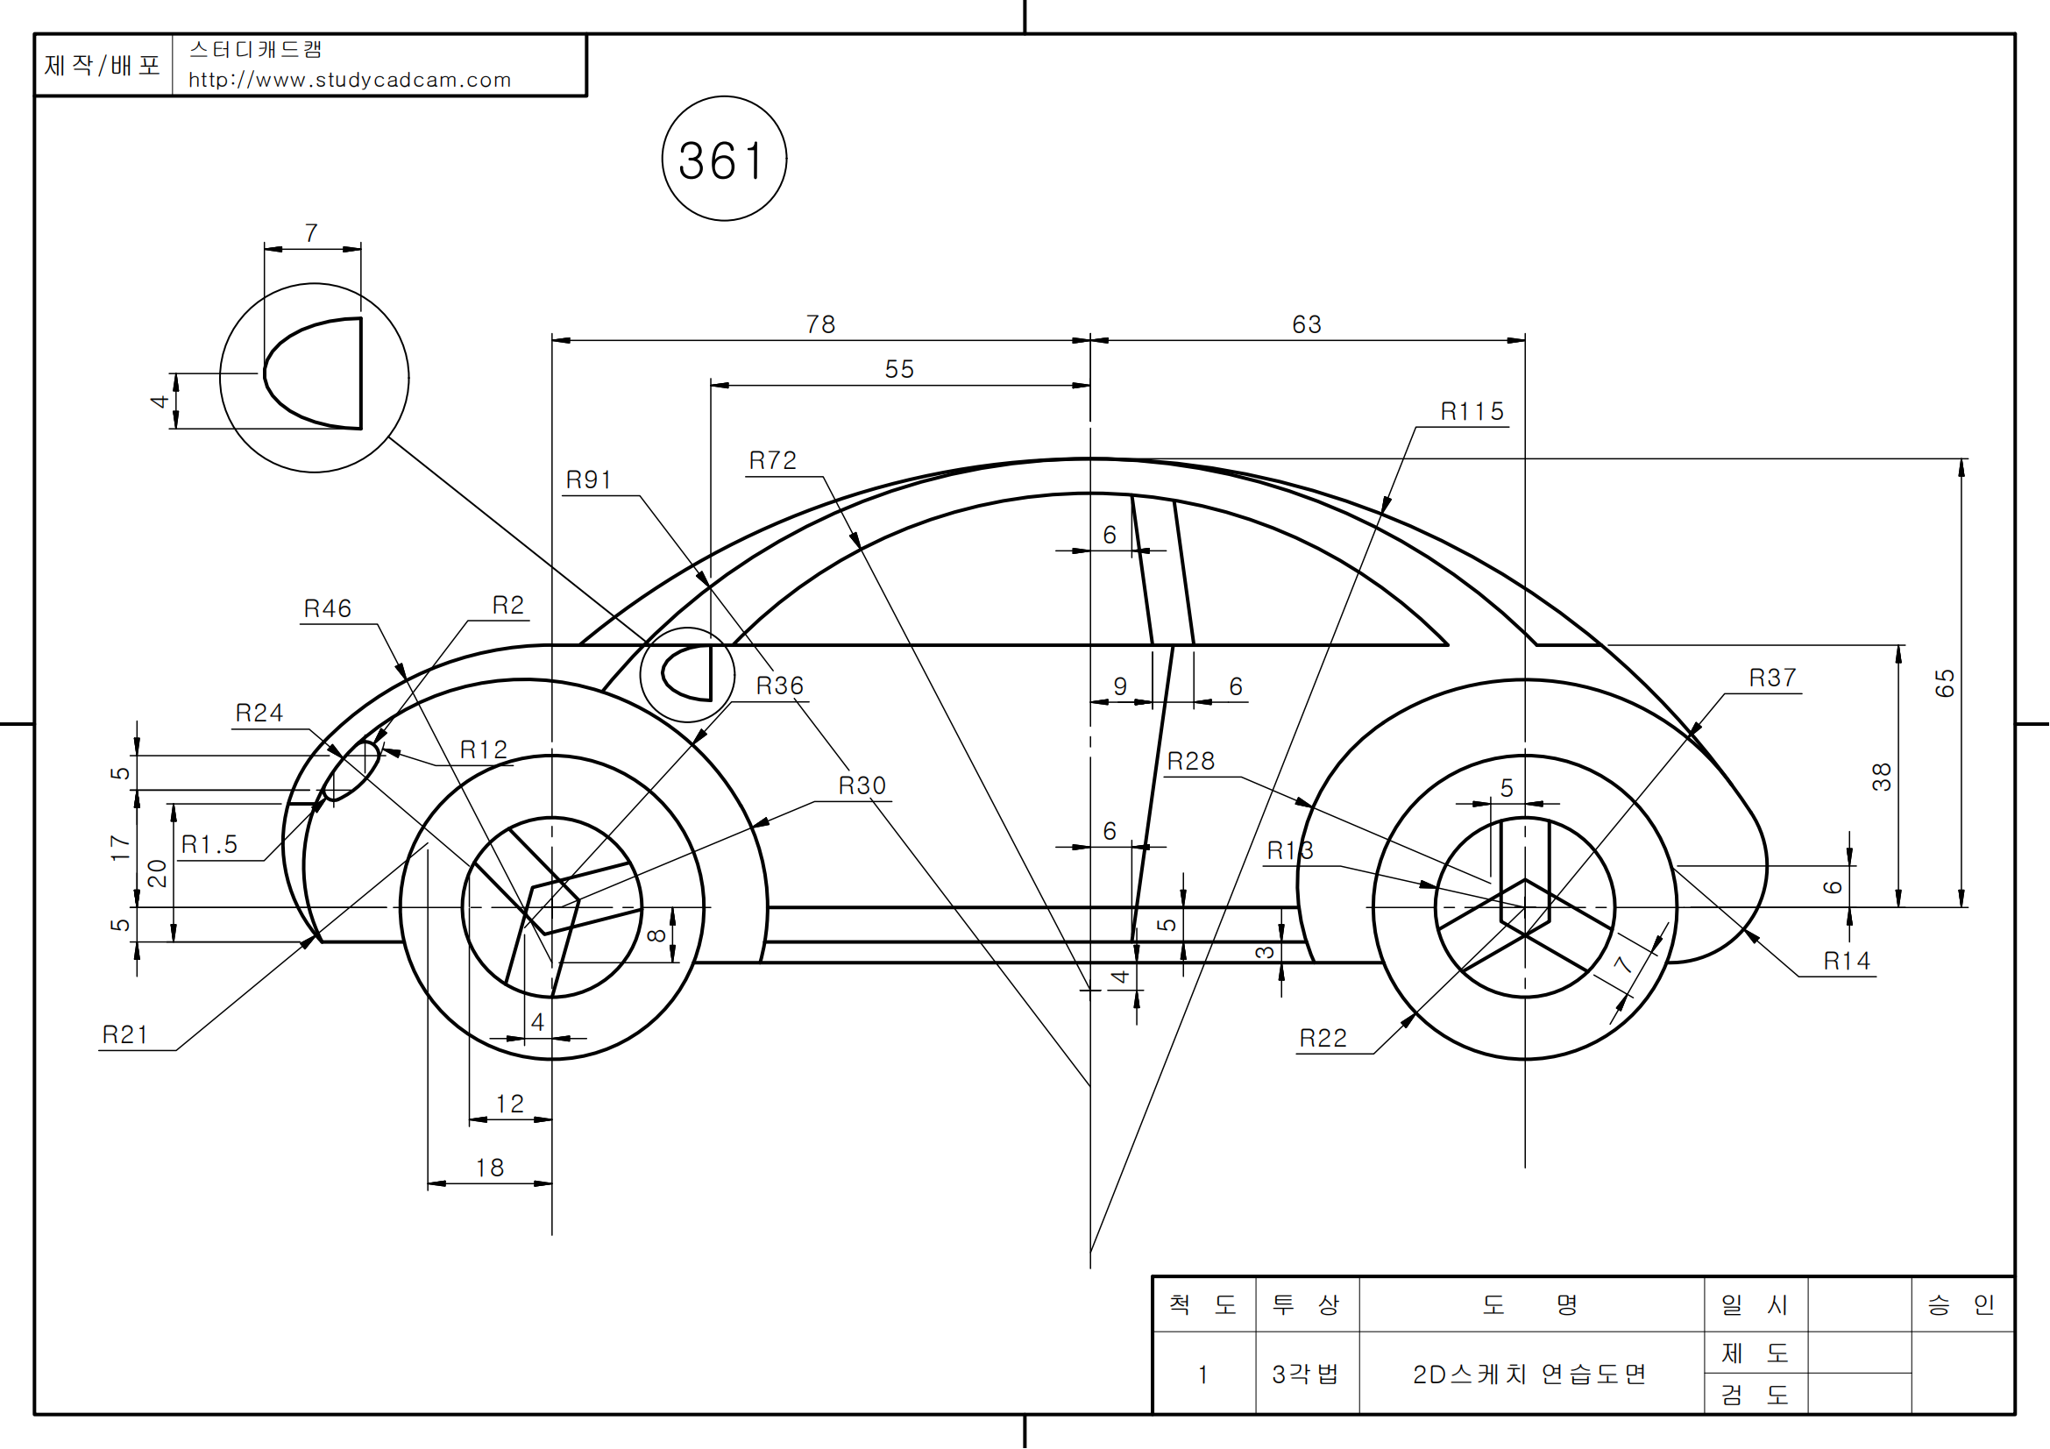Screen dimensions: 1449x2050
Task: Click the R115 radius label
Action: click(1472, 412)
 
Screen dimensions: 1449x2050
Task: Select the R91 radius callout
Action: click(588, 480)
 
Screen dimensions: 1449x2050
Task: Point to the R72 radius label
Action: click(772, 461)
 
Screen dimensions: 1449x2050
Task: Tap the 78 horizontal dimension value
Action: click(819, 324)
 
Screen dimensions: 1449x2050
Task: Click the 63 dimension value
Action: click(1306, 324)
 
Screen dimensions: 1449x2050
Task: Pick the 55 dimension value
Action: click(899, 369)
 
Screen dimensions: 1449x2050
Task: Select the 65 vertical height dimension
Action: click(1944, 683)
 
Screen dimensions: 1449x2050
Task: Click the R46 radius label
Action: click(328, 609)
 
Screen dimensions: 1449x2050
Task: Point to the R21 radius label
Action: click(125, 1034)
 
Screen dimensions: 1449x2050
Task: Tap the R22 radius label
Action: click(1323, 1038)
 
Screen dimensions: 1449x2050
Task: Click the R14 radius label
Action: click(1847, 962)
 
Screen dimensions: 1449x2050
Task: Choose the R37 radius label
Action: click(1772, 678)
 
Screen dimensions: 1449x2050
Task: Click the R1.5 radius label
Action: click(209, 844)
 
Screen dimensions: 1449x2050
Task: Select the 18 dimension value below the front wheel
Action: click(489, 1168)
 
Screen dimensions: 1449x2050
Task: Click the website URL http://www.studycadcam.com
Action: click(349, 81)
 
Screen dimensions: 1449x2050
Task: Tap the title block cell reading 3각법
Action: click(1305, 1374)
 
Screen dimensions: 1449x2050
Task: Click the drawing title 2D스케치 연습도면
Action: click(1529, 1374)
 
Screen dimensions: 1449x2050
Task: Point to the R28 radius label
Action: click(1190, 762)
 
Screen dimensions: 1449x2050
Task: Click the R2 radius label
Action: click(507, 606)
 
